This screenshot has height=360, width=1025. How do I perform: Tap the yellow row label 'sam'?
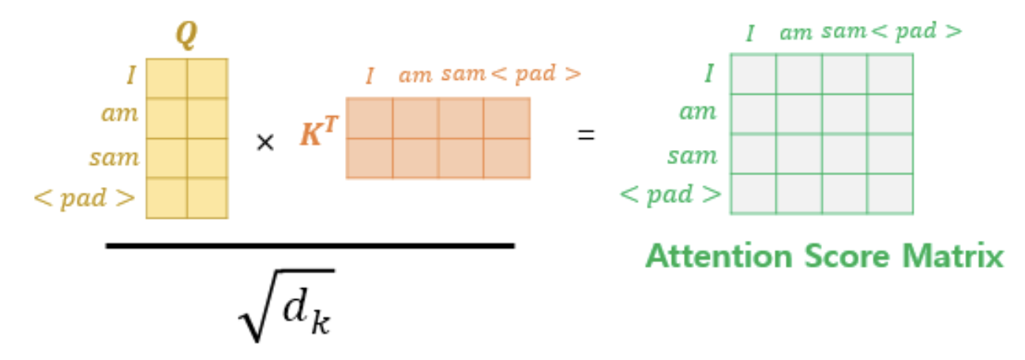(115, 157)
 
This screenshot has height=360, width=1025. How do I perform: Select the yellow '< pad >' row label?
(84, 197)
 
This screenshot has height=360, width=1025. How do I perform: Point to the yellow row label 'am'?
(120, 114)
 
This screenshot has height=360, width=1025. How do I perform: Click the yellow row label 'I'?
(131, 76)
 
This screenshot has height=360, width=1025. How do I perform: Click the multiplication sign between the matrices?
(265, 143)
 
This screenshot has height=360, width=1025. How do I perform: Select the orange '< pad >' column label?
(536, 75)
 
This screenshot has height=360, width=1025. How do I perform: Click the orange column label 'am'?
(415, 76)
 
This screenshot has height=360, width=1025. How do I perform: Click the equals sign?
(585, 135)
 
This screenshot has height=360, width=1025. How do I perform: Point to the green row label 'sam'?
(692, 155)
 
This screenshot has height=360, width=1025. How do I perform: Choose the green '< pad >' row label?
(671, 193)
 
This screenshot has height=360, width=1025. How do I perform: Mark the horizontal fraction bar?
(310, 246)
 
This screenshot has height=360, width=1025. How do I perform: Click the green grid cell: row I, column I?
(753, 73)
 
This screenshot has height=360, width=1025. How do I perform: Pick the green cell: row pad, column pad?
(890, 193)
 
